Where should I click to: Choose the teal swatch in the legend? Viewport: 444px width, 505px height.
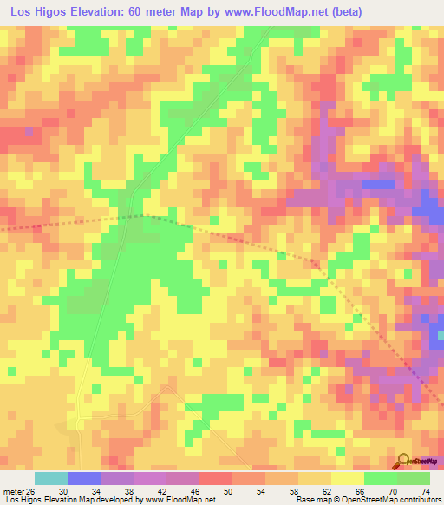point(51,478)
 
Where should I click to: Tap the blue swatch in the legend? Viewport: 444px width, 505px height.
point(84,478)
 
